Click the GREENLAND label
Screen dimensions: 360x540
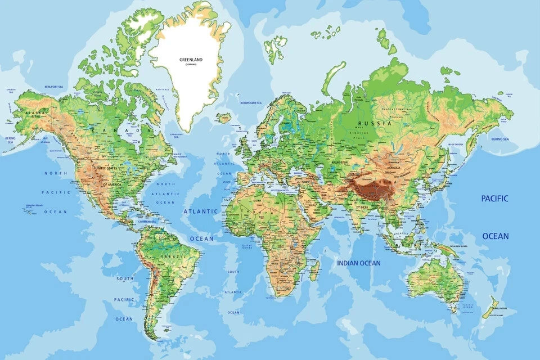coord(191,59)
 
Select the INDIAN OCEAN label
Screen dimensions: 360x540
coord(359,263)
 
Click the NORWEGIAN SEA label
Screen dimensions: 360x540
coord(251,103)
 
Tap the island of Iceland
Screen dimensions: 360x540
coord(224,118)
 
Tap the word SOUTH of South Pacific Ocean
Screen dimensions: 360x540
coord(124,278)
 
